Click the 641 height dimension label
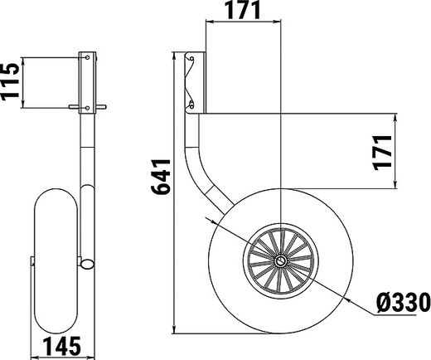[161, 177]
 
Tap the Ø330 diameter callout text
[404, 303]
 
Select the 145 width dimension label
[62, 346]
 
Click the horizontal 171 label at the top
[244, 10]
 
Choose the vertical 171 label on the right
[382, 153]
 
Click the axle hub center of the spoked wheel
[281, 260]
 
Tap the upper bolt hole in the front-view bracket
[87, 57]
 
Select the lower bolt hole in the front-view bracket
[87, 108]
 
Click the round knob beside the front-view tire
[87, 264]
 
